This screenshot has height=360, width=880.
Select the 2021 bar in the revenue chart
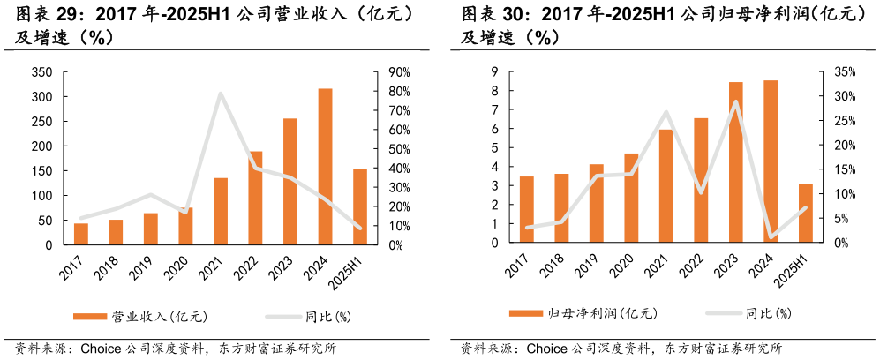coord(221,212)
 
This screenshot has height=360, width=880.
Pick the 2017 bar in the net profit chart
coord(526,210)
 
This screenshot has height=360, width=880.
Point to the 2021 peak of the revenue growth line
coord(220,94)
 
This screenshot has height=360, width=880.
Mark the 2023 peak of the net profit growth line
coord(735,101)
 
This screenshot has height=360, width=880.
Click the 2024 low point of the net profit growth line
coord(771,236)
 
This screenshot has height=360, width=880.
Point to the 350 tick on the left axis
coord(41,72)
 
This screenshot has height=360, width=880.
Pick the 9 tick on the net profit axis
coord(495,72)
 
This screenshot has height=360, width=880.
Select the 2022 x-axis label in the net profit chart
coord(693,266)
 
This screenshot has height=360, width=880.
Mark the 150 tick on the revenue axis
coord(41,171)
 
